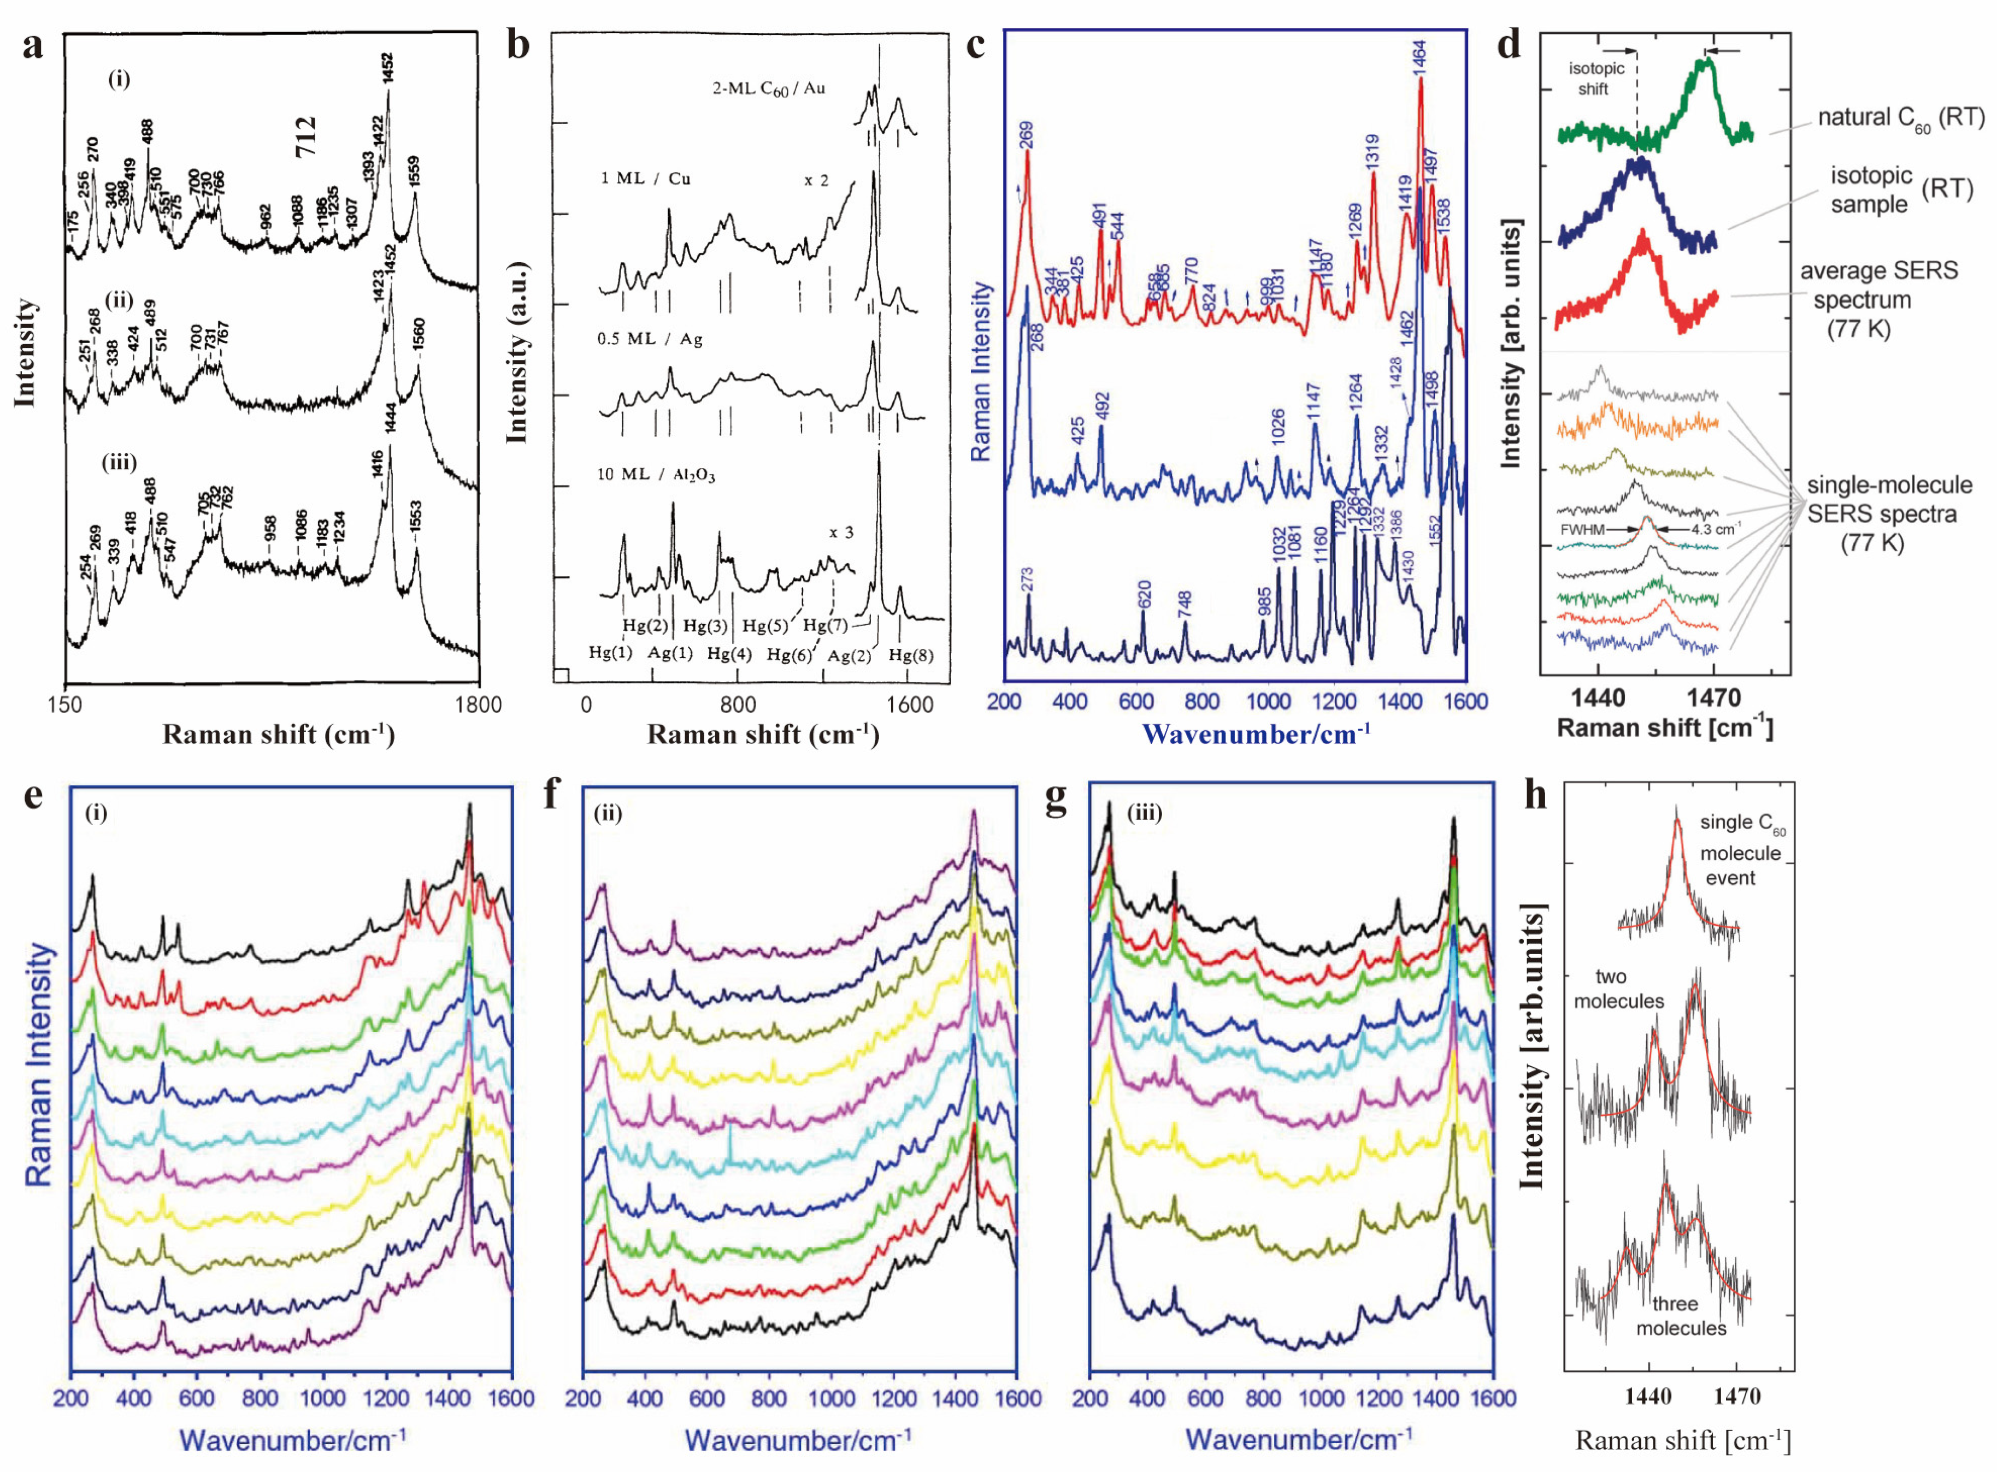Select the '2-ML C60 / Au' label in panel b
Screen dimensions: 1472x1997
click(x=768, y=88)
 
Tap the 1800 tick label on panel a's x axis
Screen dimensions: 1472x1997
click(x=479, y=705)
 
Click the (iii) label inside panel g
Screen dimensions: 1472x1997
click(x=1144, y=813)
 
